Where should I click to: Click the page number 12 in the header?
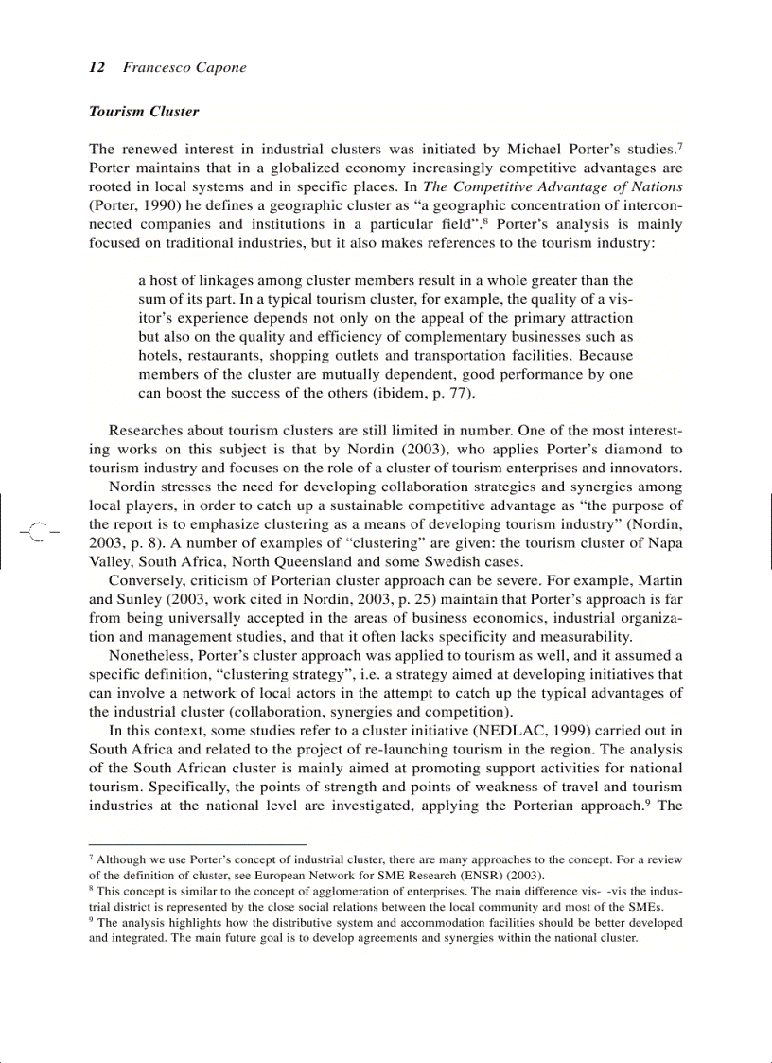pyautogui.click(x=96, y=67)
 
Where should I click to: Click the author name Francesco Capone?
pyautogui.click(x=184, y=67)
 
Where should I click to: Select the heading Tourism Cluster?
pyautogui.click(x=144, y=111)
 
